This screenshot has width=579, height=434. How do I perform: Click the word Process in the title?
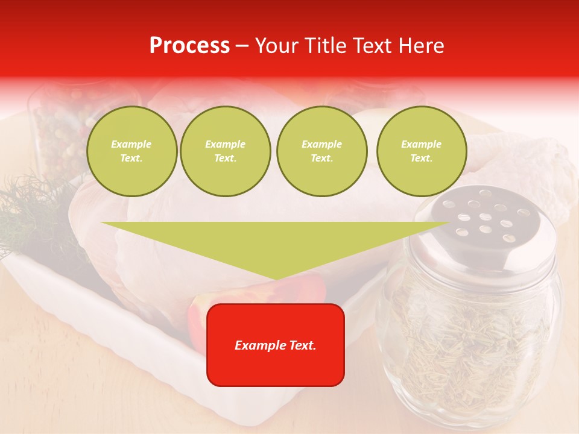tap(189, 46)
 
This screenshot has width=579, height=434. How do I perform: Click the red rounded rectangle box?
tap(276, 344)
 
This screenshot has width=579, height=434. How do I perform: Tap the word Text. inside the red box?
tap(299, 345)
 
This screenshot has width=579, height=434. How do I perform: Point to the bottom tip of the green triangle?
tap(276, 279)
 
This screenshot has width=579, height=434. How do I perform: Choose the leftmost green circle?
tap(131, 151)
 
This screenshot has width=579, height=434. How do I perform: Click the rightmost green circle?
tap(422, 151)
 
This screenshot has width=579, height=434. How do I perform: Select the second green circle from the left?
tap(226, 151)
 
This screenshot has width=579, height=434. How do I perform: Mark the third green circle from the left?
tap(322, 151)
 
